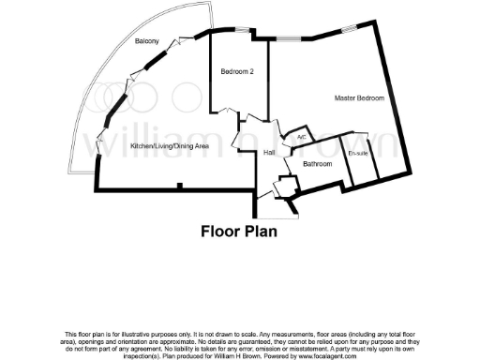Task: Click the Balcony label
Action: click(x=145, y=41)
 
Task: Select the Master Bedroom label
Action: click(x=359, y=97)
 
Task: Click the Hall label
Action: click(x=269, y=152)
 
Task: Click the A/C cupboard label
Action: click(x=301, y=138)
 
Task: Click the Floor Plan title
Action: click(x=240, y=231)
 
